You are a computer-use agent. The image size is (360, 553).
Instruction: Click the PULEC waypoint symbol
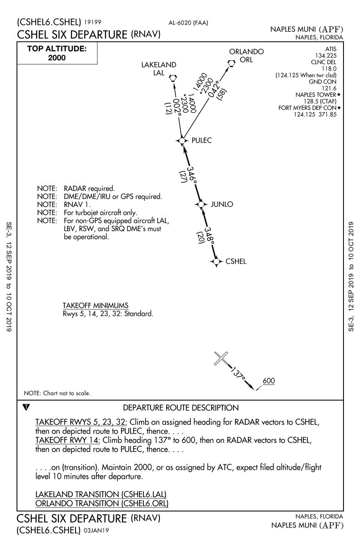pos(182,141)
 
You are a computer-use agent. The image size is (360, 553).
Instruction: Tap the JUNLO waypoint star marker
pos(201,204)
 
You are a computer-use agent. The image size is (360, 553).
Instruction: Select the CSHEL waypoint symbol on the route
pos(217,262)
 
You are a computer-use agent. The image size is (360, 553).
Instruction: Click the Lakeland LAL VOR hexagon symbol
pos(173,78)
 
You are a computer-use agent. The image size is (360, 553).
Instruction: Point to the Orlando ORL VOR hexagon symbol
pos(231,63)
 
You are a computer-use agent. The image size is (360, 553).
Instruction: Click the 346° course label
pos(192,175)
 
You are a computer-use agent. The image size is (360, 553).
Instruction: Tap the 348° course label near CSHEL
pos(209,235)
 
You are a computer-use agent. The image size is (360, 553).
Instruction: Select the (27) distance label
pos(183,177)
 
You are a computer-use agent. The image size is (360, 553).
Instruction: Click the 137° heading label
pos(238,374)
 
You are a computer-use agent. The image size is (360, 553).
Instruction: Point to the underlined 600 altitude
pos(268,381)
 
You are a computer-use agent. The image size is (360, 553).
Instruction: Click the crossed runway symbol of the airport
pos(221,358)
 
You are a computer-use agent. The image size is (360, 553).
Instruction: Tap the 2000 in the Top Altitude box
pos(57,58)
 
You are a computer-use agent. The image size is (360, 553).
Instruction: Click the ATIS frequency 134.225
pos(326,55)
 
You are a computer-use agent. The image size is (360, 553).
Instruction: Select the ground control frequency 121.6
pos(329,88)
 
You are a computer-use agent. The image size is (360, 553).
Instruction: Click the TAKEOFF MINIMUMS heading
pos(96,305)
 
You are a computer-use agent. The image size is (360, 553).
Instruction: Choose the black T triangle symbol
pos(26,407)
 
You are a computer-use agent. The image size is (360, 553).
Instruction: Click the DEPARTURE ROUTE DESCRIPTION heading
pos(181,408)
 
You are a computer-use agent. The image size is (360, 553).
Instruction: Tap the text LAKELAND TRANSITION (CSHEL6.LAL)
pos(101,494)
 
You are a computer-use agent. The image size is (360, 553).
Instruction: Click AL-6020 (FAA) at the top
pos(188,23)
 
